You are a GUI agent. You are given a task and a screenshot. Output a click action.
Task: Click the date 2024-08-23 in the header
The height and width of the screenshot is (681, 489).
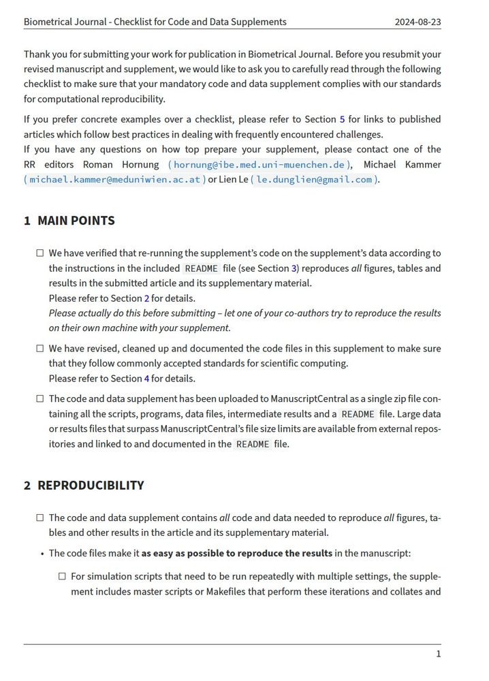(x=417, y=22)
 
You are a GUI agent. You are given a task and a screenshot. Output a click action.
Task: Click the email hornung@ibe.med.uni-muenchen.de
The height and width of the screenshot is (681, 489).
(x=259, y=164)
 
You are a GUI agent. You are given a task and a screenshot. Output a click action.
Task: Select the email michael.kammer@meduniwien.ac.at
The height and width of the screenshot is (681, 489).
(x=114, y=179)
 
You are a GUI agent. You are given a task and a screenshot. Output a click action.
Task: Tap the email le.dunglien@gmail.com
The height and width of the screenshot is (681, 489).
(x=314, y=179)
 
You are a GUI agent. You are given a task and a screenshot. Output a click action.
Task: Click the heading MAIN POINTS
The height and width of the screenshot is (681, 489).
(x=76, y=221)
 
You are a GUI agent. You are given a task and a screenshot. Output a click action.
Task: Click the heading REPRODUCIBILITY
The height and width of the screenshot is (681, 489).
(x=91, y=486)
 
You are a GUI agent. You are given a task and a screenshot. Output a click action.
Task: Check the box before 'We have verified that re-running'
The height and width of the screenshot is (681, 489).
(x=40, y=253)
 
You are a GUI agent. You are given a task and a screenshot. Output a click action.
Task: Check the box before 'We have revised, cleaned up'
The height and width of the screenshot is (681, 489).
(x=40, y=349)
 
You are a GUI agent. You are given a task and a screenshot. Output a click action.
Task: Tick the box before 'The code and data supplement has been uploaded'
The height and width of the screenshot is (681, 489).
(x=40, y=399)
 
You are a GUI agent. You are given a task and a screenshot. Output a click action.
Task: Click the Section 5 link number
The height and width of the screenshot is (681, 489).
(x=342, y=119)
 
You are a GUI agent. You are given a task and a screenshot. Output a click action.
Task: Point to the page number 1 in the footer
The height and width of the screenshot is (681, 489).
(x=438, y=654)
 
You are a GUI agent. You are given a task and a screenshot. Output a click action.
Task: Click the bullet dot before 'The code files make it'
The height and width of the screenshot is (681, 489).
(x=42, y=553)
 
